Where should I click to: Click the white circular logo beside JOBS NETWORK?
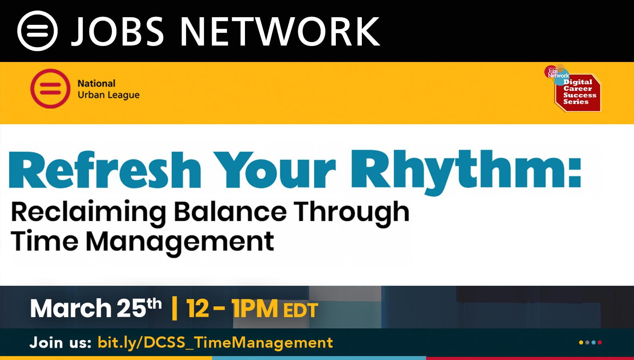point(37,31)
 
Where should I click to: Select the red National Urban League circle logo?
point(50,88)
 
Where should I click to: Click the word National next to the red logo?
point(96,84)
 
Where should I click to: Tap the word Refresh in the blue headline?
point(105,170)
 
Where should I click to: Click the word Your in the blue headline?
point(275,170)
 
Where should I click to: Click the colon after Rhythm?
point(575,174)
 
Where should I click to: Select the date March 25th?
point(96,308)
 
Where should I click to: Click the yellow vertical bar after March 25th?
point(175,308)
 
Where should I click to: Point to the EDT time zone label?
point(301,310)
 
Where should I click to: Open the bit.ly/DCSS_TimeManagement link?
point(215,343)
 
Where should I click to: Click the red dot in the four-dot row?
point(600,342)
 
